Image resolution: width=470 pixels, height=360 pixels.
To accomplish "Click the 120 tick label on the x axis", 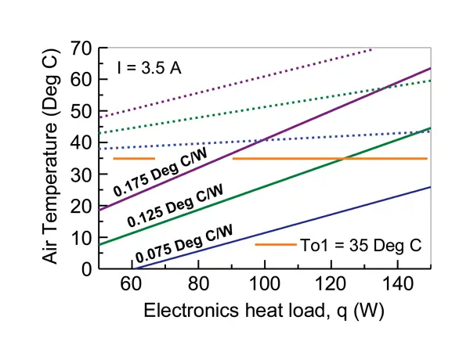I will click(331, 285).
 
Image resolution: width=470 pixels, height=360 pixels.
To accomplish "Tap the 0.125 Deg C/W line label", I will click(179, 204).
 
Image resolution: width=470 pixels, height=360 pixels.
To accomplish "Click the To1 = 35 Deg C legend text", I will click(361, 245).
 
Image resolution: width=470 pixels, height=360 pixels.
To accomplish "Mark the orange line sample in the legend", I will click(274, 245).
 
